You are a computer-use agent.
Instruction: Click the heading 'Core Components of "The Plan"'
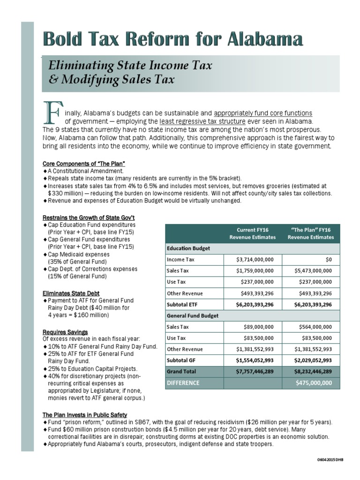(84, 164)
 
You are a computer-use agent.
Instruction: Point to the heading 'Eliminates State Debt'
(71, 293)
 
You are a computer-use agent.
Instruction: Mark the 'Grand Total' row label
(182, 371)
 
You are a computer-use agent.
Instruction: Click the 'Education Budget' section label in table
(188, 248)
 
